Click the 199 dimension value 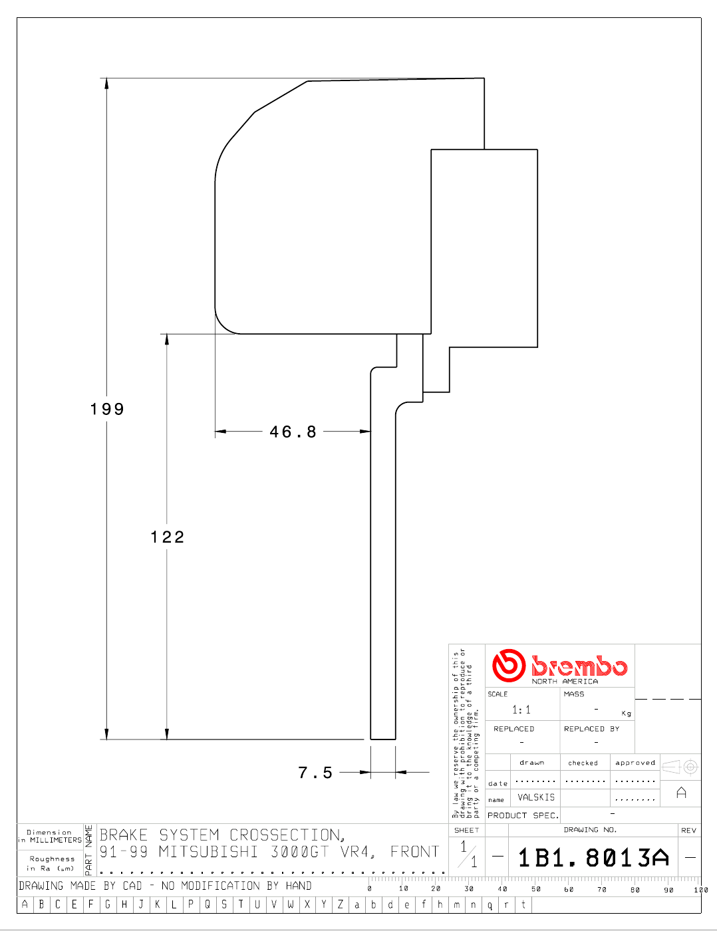tap(107, 409)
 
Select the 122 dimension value tap(167, 537)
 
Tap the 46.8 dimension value tap(293, 432)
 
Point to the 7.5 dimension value tap(315, 773)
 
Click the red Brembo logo tap(559, 666)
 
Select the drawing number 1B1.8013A tap(593, 858)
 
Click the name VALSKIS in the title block tap(536, 797)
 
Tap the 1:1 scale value tap(521, 710)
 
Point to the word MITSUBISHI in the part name tap(208, 852)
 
